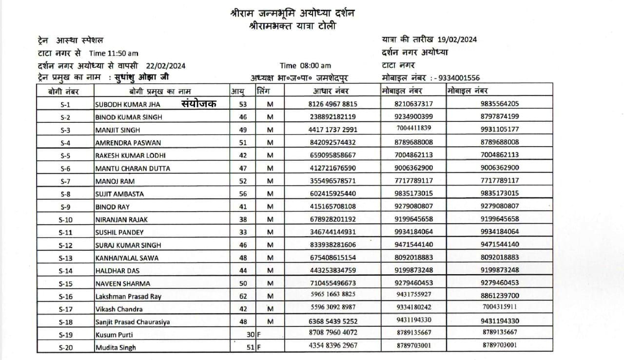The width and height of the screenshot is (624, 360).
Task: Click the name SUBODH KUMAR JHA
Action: click(x=127, y=104)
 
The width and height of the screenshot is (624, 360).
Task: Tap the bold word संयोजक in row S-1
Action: click(x=199, y=103)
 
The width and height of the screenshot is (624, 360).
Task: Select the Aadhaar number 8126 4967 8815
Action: click(x=332, y=104)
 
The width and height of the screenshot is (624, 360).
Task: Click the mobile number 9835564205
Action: click(x=499, y=103)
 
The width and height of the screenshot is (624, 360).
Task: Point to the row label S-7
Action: click(x=65, y=181)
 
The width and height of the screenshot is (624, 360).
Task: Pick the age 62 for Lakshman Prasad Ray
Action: click(x=243, y=296)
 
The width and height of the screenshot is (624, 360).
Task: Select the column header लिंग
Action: click(x=263, y=91)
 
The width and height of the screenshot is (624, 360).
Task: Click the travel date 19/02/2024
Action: click(x=457, y=40)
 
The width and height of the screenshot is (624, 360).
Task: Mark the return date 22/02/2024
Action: click(x=165, y=66)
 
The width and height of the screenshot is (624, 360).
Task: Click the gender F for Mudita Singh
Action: click(x=259, y=347)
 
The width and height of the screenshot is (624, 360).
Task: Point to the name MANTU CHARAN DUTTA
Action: click(x=133, y=169)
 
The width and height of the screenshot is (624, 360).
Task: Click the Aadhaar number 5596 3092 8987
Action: click(x=332, y=307)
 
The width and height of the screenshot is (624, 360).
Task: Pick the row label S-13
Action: click(x=65, y=258)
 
